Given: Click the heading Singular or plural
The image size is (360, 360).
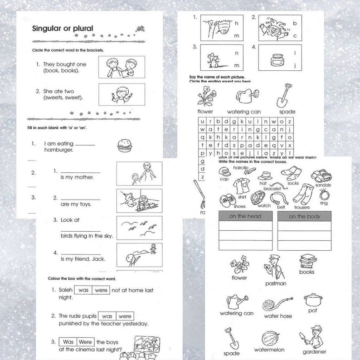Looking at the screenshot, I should (63, 29).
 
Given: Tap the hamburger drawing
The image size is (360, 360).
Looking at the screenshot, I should (123, 145).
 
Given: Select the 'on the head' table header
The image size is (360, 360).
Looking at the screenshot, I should (245, 217).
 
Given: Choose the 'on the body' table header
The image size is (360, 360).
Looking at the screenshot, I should (304, 217).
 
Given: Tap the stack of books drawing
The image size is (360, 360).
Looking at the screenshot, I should (307, 262).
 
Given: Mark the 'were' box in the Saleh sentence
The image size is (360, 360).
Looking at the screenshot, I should (101, 290).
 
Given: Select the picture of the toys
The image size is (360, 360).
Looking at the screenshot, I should (139, 200).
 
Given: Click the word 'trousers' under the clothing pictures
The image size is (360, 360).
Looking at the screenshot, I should (302, 207).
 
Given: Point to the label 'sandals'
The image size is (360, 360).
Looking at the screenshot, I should (322, 185).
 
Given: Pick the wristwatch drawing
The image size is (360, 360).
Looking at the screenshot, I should (258, 197).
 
